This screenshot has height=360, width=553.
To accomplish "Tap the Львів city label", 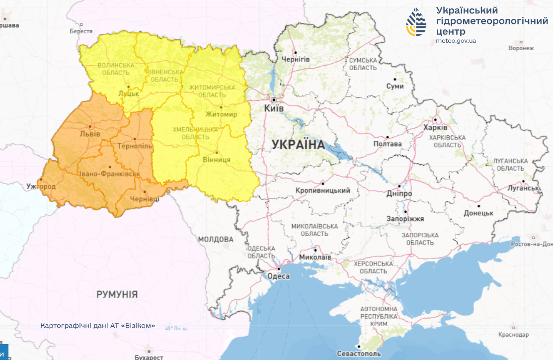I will coord(90,134).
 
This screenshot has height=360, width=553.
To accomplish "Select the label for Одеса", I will coord(278,276).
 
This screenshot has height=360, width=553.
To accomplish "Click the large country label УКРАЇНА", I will coord(298,145).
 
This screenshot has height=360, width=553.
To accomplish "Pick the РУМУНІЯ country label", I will coord(117,294).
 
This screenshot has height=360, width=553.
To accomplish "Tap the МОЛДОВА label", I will coord(216,239).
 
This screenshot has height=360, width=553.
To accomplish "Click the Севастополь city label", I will coord(358,354).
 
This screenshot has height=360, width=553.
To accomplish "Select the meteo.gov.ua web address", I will coord(456,41).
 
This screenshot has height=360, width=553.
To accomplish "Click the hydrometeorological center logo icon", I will coord(416,22).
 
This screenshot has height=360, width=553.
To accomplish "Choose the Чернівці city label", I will coord(145,199).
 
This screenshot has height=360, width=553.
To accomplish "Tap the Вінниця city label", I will coord(217,160).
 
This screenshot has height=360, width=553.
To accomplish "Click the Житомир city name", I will coord(221,114).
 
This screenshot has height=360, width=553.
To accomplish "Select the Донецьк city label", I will coord(479,213).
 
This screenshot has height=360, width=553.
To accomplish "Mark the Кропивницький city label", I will coord(322,191).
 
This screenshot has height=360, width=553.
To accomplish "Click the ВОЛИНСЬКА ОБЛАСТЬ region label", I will coord(116,69).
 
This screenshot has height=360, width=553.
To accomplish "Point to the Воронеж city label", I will coord(521,48).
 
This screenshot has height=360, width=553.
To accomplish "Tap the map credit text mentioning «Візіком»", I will coord(98,326).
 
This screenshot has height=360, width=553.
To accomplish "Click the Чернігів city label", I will coord(296,60).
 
